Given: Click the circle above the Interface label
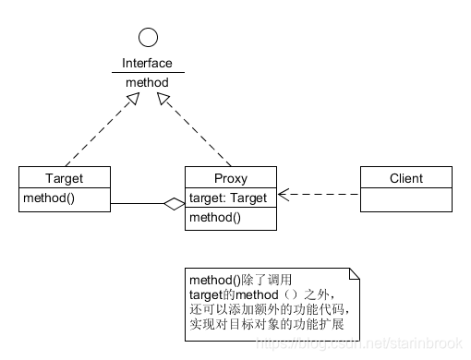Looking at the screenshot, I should tap(147, 38).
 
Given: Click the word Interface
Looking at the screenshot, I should tap(147, 63).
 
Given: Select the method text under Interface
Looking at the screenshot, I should tap(147, 81).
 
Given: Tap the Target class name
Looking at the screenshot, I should tap(64, 177).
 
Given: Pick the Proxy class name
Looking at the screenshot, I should tap(230, 177).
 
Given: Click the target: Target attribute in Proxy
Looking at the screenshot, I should tap(228, 198).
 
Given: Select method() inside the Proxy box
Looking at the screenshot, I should tap(214, 218).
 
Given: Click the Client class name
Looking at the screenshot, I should tap(405, 177).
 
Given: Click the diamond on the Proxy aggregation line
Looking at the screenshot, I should tap(174, 205).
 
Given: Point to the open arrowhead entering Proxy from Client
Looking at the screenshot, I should tap(283, 195).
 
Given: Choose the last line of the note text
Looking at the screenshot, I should tap(269, 324).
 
